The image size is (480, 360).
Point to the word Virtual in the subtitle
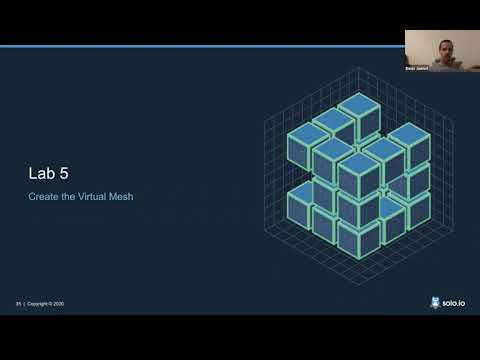pos(90,197)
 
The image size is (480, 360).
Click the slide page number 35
pos(18,304)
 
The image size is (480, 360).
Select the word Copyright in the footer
pos(36,304)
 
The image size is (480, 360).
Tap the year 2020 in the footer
pos(57,304)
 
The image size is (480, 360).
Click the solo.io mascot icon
pos(434,302)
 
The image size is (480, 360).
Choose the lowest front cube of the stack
pos(357,237)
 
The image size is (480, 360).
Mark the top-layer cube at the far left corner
pos(307,135)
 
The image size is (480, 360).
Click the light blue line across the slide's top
pos(200,46)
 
